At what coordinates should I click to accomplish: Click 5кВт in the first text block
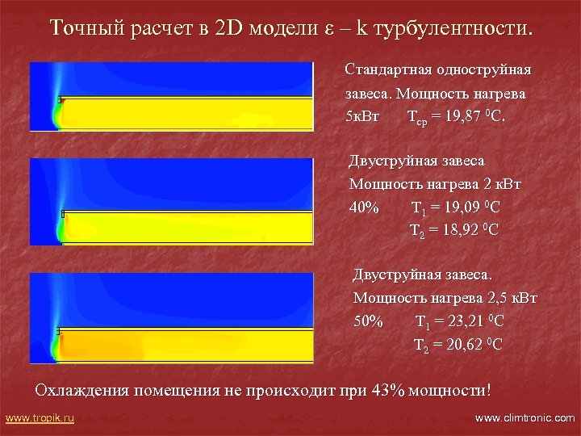pos(361,115)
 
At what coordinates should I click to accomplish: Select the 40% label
pos(364,207)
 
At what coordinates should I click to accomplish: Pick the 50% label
pos(369,321)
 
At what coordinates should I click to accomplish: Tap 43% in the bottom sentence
pos(389,390)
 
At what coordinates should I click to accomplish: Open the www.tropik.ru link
pos(40,418)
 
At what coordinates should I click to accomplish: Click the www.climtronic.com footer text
pos(525,418)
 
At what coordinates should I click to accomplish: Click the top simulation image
pos(171,96)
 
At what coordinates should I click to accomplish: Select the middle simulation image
pos(171,202)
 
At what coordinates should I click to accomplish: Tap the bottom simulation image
pos(171,317)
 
